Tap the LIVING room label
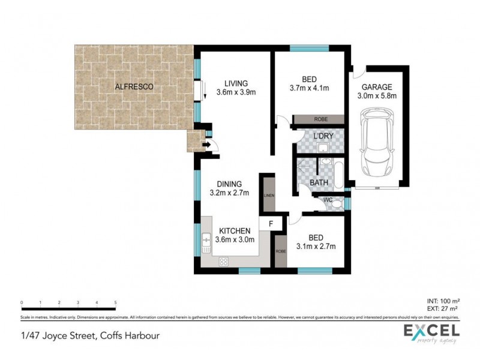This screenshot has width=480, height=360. (x=236, y=83)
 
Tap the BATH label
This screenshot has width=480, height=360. (x=318, y=182)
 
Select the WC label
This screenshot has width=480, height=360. (x=328, y=199)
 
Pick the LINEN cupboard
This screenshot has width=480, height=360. (x=268, y=193)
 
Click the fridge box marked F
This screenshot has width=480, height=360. (x=270, y=224)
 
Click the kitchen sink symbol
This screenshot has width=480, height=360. (x=205, y=242)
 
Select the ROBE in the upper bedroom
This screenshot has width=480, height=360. (x=320, y=119)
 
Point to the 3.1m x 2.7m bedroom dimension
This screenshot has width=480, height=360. (x=316, y=246)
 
